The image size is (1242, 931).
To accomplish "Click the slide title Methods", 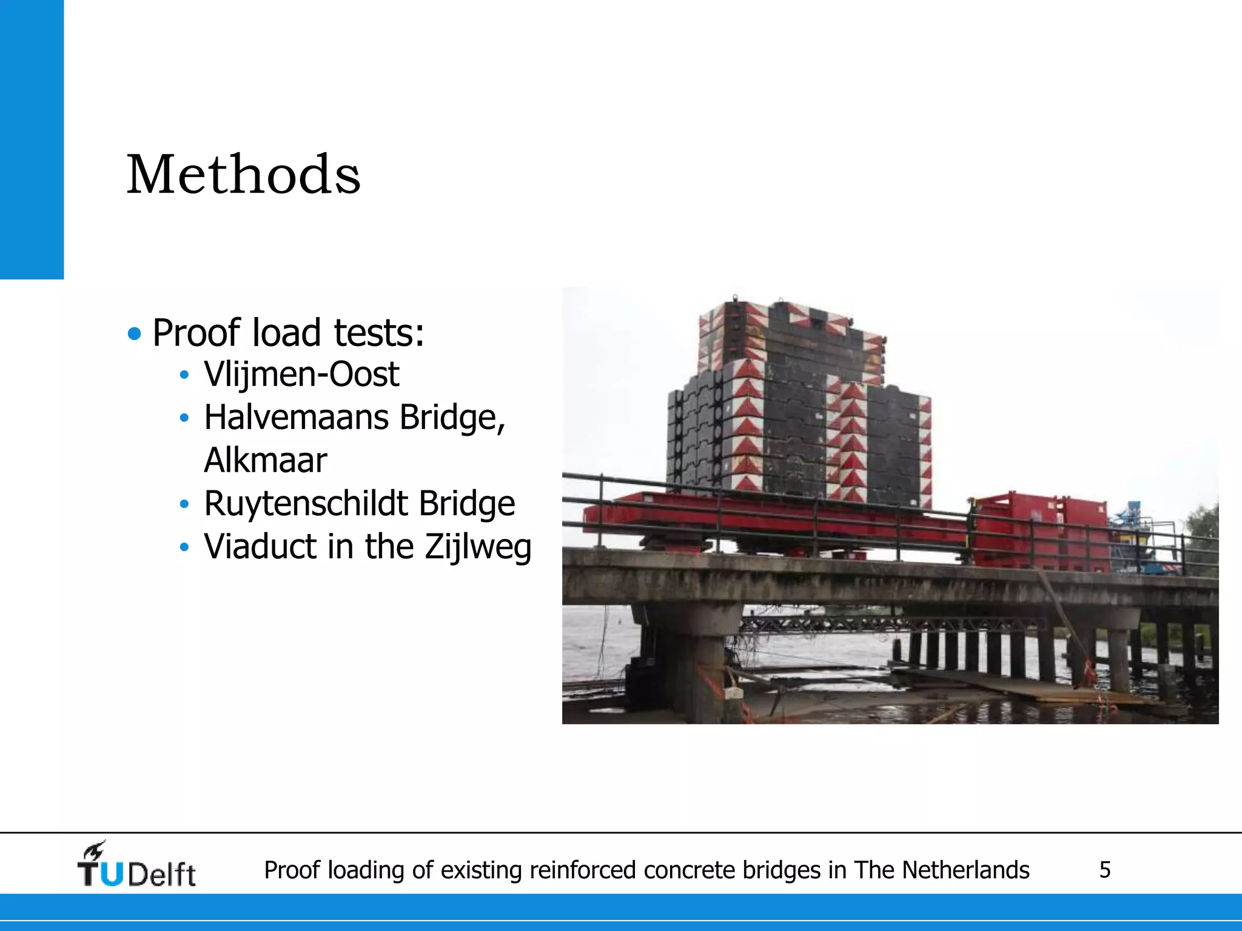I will coord(243,175).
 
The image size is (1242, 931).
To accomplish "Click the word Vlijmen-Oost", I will coord(301,374).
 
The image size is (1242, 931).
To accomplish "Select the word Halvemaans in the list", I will coord(296,418).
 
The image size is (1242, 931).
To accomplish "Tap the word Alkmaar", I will coord(266,460).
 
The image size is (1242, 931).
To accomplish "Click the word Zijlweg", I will coord(478,547).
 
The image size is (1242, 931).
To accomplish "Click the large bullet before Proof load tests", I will coord(135,333).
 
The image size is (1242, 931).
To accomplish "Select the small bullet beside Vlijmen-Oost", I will coord(184,375).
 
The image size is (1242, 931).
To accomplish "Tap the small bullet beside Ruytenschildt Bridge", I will coord(184,504).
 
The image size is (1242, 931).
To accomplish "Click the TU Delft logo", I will coord(136,866).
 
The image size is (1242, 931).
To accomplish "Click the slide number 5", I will coord(1105,870).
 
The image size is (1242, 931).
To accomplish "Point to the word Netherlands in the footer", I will coord(965,870).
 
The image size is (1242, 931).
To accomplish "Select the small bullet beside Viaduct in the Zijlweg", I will coord(184,547).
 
